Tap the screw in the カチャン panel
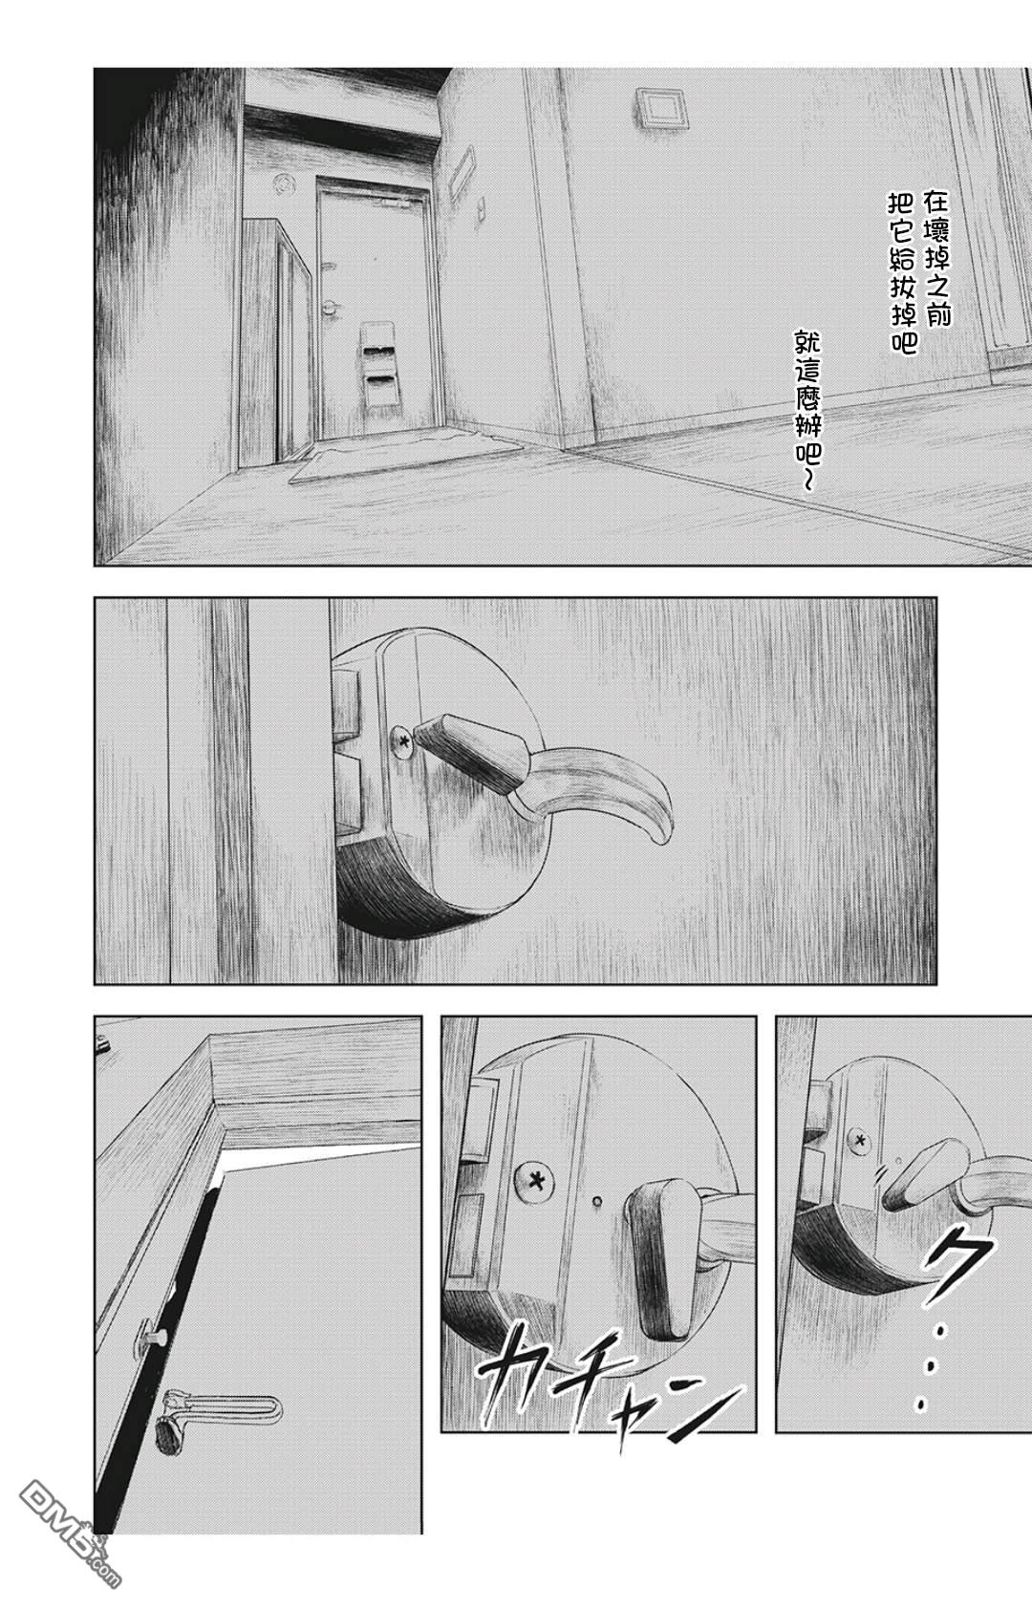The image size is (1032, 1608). click(534, 1180)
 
